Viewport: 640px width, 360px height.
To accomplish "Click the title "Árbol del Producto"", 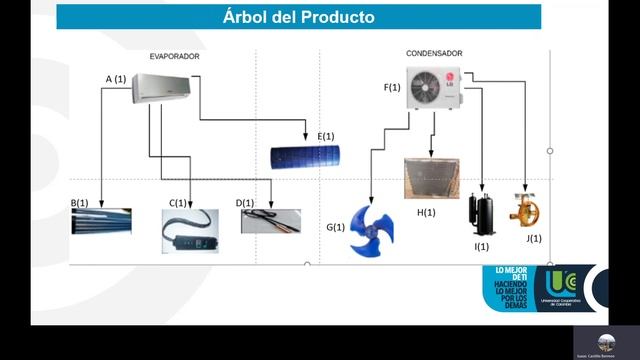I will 299,17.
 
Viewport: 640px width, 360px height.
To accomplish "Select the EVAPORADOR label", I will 175,57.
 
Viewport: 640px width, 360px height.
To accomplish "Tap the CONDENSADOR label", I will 434,53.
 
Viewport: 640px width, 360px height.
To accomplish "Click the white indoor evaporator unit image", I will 161,89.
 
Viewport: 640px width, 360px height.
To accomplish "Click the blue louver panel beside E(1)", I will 305,156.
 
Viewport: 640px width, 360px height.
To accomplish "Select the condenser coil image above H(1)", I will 434,180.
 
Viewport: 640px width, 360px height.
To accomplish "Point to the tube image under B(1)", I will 101,221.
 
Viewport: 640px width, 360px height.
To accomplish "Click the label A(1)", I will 116,78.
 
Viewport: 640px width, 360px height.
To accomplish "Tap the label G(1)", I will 335,227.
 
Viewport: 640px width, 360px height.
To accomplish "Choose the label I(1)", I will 482,246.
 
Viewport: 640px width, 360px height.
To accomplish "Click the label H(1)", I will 426,212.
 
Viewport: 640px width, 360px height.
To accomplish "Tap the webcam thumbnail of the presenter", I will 602,341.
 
